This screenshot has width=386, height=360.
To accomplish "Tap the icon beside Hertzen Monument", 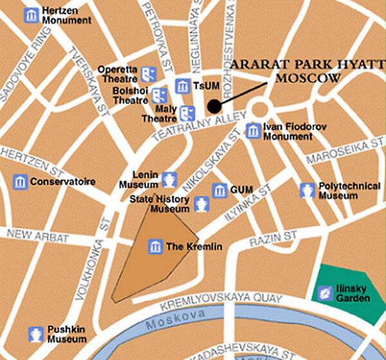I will tap(31, 15).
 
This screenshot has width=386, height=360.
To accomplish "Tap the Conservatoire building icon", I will tap(21, 182).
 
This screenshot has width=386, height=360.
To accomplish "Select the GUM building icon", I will tap(220, 190).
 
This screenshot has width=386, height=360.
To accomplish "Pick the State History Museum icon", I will tap(201, 204).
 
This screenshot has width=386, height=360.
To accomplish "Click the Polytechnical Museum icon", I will tap(308, 190).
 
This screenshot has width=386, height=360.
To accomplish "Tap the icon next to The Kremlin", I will tap(155, 246).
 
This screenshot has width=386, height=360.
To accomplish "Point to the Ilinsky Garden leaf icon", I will tap(326, 293).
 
